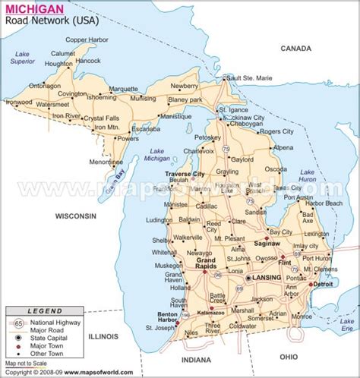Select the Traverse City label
point(186,175)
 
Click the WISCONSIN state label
point(71,216)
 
